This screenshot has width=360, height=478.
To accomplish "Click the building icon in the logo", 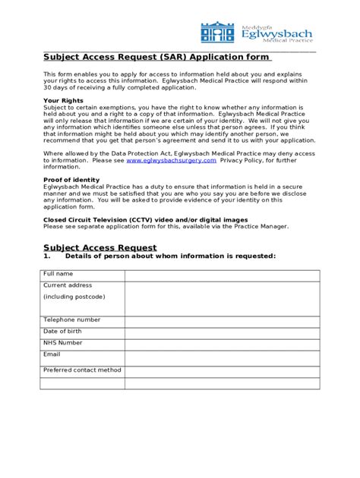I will click(x=218, y=33).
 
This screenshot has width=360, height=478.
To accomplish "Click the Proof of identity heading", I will click(x=71, y=180).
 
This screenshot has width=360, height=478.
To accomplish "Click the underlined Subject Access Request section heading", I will click(x=99, y=247).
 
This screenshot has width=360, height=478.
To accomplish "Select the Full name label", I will click(x=58, y=273).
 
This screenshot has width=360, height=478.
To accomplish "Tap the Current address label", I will click(x=68, y=285).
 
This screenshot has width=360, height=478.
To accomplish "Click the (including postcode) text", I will click(x=74, y=296).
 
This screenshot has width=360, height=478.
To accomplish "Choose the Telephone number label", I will click(x=71, y=319).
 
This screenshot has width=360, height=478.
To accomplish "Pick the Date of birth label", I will click(x=63, y=331).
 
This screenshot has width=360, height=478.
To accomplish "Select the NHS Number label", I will click(x=63, y=342).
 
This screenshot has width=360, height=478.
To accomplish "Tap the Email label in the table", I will click(x=52, y=354).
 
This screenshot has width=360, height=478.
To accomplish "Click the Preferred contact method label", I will click(x=82, y=370).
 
